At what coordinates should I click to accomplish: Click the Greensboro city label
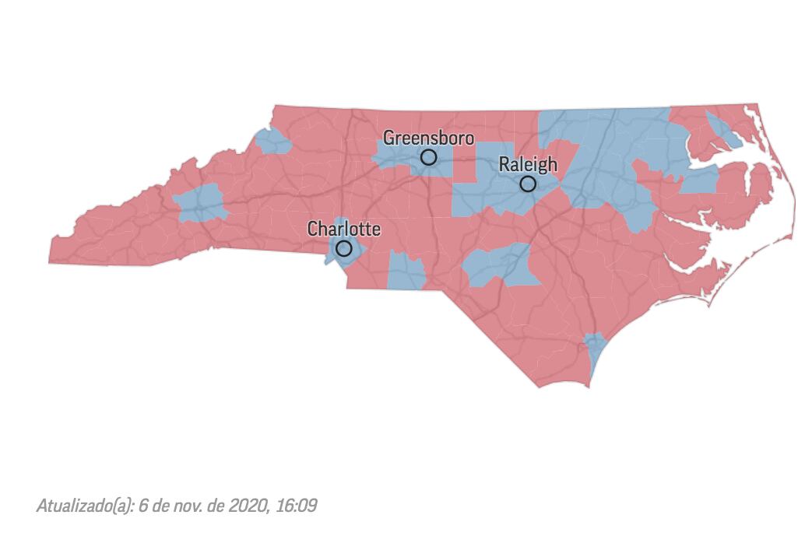pos(428,138)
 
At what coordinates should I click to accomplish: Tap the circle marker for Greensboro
pos(428,157)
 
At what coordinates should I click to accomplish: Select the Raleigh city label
pos(528,164)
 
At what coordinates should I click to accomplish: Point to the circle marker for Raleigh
pos(528,184)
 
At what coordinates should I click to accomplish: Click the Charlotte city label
pos(344,229)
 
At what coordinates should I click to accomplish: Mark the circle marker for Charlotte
pos(343,249)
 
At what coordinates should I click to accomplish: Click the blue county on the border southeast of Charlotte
pos(406,272)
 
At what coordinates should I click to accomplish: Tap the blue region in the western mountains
pos(199,205)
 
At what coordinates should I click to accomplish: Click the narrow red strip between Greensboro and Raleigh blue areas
pos(465,165)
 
